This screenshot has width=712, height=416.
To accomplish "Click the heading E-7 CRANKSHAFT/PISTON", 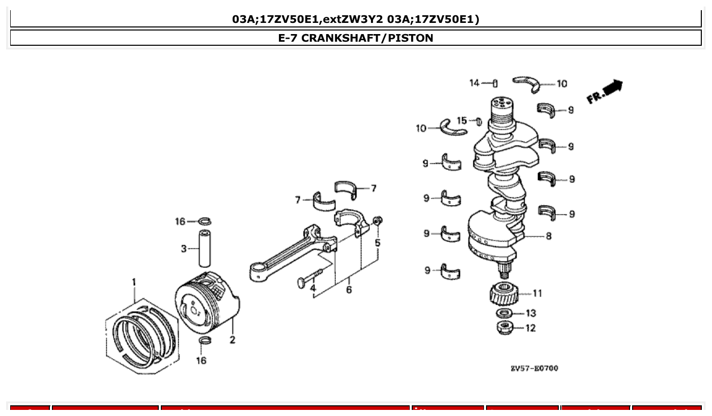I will pos(355,38).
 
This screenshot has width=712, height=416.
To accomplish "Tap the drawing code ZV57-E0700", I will pos(534,368).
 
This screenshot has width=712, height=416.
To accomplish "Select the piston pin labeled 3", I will pos(205,248).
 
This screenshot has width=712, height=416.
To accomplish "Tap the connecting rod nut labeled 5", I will pos(377,221).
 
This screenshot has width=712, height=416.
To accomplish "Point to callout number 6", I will pos(349,290).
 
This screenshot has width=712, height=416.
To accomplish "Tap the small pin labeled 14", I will pos(495,83).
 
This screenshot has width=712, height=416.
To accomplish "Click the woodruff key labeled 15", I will pos(478,122).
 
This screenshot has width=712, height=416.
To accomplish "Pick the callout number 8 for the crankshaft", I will pos(548,236).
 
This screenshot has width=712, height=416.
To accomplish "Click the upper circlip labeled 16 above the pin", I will pos(205,221).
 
